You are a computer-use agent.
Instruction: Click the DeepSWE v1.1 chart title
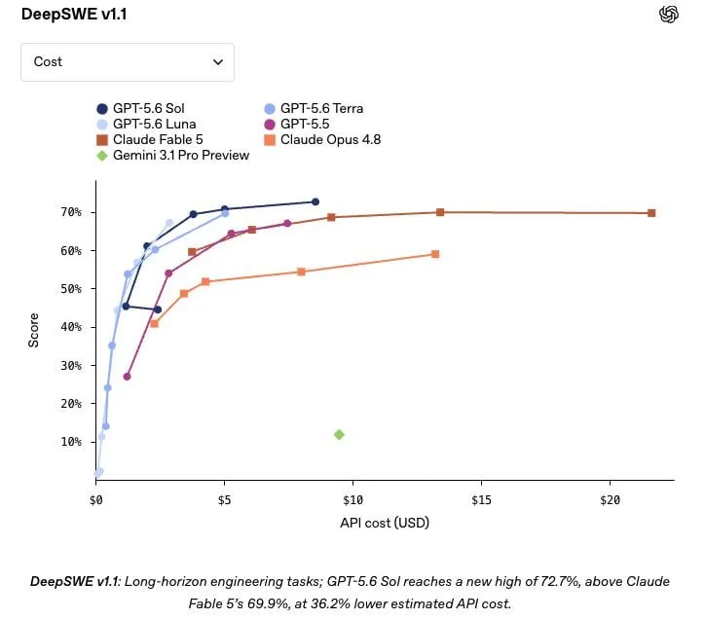(x=74, y=14)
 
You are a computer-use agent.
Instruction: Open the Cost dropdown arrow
(x=218, y=62)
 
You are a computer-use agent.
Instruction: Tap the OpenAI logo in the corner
(x=669, y=14)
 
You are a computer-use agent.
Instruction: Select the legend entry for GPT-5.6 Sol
(x=140, y=108)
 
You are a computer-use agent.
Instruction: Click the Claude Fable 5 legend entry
(x=150, y=140)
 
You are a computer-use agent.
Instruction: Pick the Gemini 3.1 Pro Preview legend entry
(x=172, y=156)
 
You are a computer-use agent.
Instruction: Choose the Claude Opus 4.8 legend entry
(x=322, y=140)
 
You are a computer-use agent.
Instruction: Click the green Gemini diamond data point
(x=339, y=435)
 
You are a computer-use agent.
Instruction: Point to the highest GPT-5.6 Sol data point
(x=315, y=201)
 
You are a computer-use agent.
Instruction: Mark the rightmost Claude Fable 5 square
(x=651, y=213)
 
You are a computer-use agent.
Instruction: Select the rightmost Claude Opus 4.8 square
(x=434, y=254)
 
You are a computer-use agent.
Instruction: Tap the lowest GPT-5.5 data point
(x=127, y=377)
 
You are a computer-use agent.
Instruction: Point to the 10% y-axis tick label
(x=71, y=442)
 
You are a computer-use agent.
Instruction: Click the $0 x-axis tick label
(x=95, y=500)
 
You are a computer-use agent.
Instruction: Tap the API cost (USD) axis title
(x=385, y=523)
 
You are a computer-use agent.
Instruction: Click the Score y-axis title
(x=33, y=330)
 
